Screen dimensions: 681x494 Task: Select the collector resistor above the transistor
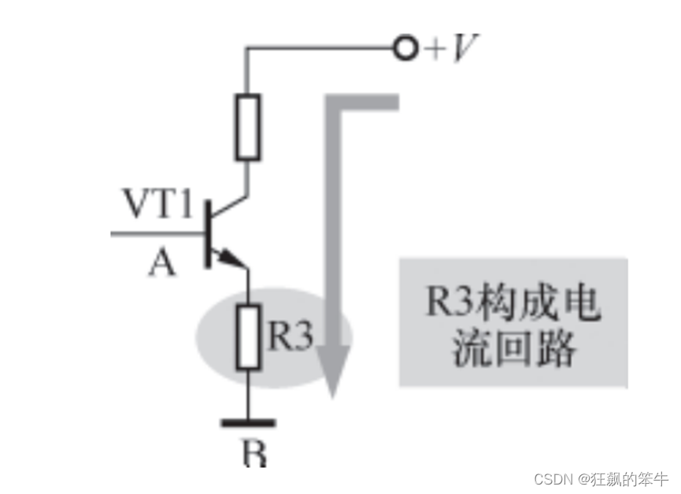(x=247, y=126)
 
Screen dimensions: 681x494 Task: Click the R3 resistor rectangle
(x=249, y=336)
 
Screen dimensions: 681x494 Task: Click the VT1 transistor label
(x=157, y=206)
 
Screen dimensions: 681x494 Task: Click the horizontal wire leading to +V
(x=319, y=49)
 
